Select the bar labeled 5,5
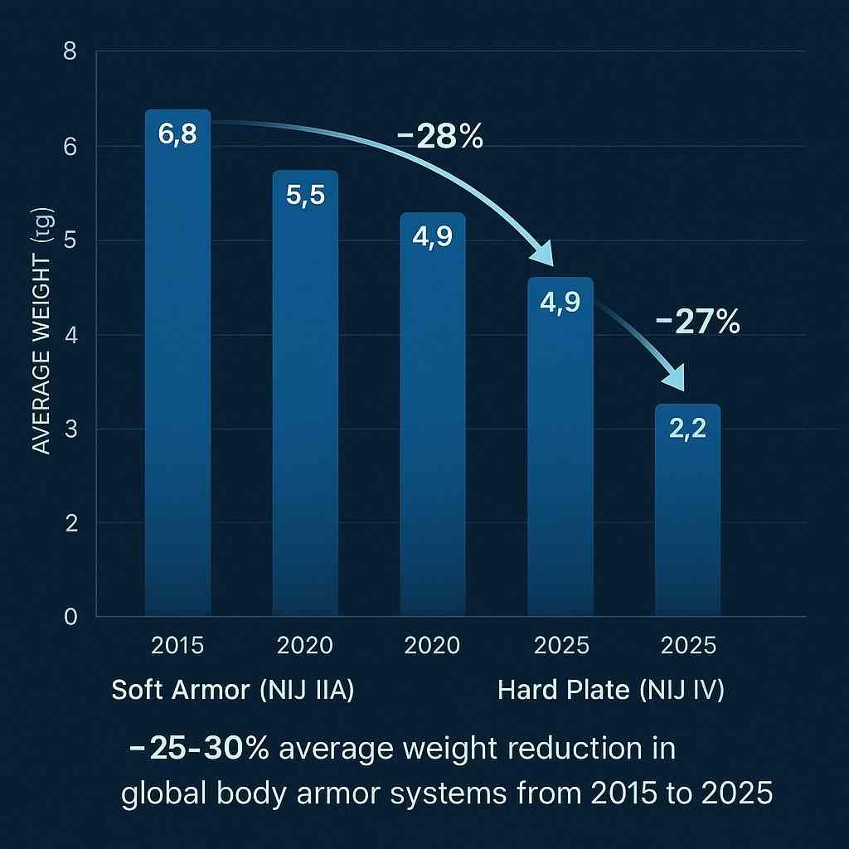305,398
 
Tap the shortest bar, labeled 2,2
687,514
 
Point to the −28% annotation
439,136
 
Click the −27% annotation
697,323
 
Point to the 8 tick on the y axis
70,52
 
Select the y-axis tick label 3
70,429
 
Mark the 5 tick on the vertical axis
70,240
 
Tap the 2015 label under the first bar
178,646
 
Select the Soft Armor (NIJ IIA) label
233,691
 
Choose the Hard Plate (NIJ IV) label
611,691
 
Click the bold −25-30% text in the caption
199,750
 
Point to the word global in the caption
165,793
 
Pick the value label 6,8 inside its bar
177,135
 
